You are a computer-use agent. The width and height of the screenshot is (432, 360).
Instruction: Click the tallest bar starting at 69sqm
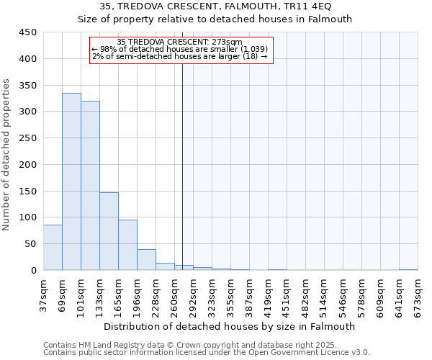click(x=71, y=181)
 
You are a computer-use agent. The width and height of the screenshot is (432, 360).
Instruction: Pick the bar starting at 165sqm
click(x=127, y=245)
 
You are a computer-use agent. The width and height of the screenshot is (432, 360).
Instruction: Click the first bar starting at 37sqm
click(x=53, y=248)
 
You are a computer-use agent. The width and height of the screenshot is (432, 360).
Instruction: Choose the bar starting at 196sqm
click(x=146, y=260)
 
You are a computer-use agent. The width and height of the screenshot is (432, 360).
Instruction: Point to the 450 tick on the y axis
click(x=27, y=32)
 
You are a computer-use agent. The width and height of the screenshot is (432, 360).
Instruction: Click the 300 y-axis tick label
click(x=27, y=112)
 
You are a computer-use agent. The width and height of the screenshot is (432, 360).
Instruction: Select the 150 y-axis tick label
click(x=27, y=191)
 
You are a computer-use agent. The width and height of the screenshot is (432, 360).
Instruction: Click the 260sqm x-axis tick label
click(x=175, y=293)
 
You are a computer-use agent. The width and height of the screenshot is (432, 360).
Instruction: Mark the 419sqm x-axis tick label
click(x=269, y=293)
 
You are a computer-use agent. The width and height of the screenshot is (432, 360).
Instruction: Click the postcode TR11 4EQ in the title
click(x=307, y=6)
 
